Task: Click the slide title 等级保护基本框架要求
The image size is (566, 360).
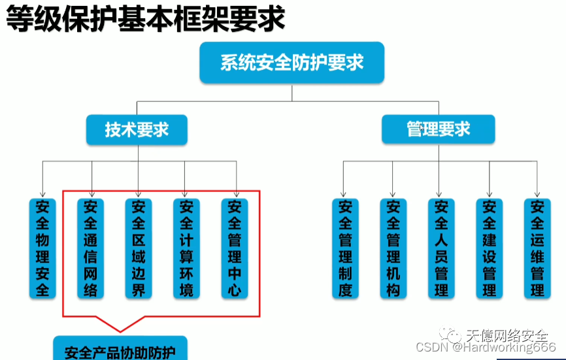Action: pyautogui.click(x=145, y=20)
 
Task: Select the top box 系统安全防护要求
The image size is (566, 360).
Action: pyautogui.click(x=291, y=63)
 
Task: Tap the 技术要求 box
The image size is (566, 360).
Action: pyautogui.click(x=137, y=129)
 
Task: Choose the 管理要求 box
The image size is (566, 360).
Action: pyautogui.click(x=438, y=129)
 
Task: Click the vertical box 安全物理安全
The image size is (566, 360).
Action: pyautogui.click(x=43, y=248)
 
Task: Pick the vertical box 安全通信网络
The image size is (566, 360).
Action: pyautogui.click(x=91, y=248)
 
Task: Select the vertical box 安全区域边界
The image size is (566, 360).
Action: pyautogui.click(x=139, y=248)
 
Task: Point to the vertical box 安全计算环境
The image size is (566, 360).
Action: pyautogui.click(x=186, y=248)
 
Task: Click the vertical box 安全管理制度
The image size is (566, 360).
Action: pyautogui.click(x=345, y=248)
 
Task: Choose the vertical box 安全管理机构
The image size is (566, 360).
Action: pyautogui.click(x=393, y=248)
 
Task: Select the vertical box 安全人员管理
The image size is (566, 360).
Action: pyautogui.click(x=441, y=248)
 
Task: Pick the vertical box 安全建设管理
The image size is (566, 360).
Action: pyautogui.click(x=490, y=248)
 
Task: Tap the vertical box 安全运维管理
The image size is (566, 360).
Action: pyautogui.click(x=537, y=248)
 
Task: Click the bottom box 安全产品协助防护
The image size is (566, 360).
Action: pyautogui.click(x=120, y=351)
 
